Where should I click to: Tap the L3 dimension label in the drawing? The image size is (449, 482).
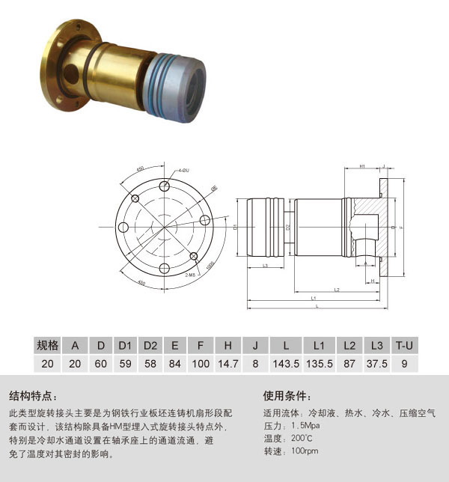pyautogui.click(x=266, y=266)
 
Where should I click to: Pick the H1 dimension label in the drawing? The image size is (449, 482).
pyautogui.click(x=361, y=165)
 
